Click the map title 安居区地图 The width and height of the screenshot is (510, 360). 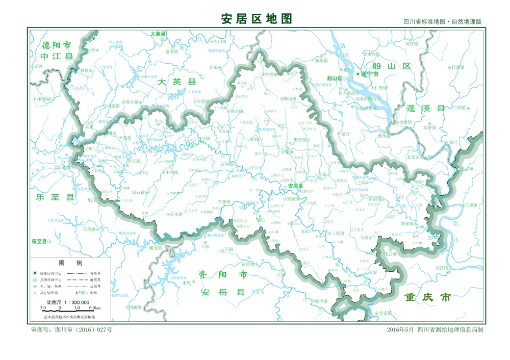click(x=257, y=19)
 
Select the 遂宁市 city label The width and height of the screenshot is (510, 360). click(x=370, y=74)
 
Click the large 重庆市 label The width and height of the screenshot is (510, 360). click(x=427, y=297)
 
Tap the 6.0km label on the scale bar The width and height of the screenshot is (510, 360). click(x=95, y=308)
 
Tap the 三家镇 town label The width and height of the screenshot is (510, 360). click(x=337, y=233)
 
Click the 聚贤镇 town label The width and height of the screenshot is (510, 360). click(x=301, y=140)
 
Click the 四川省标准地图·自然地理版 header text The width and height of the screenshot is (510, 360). click(x=442, y=22)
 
